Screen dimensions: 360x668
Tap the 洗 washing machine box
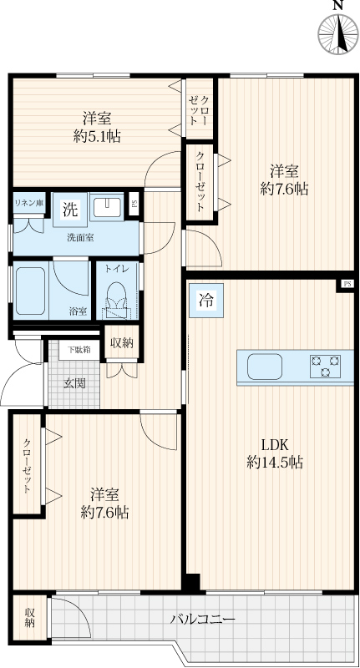pos(70,210)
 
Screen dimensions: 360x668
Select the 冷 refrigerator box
pos(206,301)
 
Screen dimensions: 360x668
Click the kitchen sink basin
pos(265,367)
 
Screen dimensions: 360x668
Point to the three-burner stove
pos(326,367)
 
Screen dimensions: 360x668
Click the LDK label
pos(275,445)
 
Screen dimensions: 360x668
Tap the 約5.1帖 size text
pos(97,136)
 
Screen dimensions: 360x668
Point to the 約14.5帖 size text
pos(275,462)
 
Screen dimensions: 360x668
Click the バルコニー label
pos(203,619)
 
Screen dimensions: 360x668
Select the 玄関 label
pos(75,383)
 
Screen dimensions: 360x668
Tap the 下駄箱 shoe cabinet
pos(79,350)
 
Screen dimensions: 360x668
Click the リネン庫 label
pos(29,202)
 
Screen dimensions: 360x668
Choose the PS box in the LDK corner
pos(347,284)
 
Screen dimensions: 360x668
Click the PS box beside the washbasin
pos(134,204)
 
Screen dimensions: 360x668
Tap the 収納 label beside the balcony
pos(29,618)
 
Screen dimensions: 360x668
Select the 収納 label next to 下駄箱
pos(122,342)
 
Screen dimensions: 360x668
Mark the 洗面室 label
pos(80,238)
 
